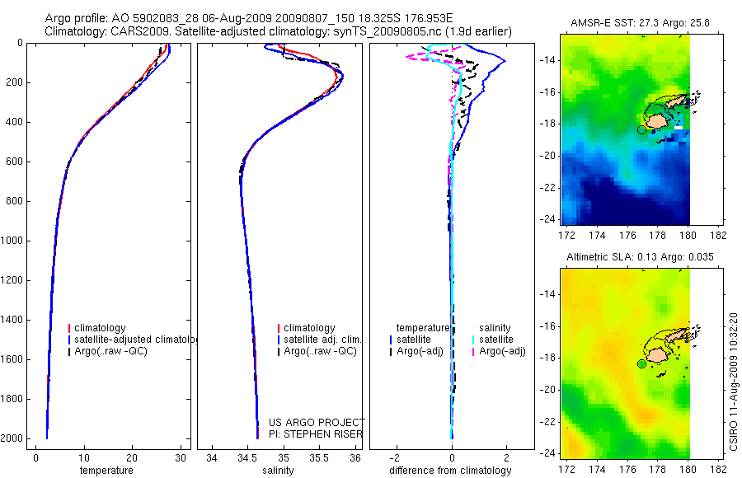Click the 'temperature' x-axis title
click(106, 471)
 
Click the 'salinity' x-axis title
click(277, 471)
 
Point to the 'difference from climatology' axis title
click(451, 471)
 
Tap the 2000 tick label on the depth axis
click(12, 438)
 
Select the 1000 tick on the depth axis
click(12, 241)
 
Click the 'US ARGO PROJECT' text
click(317, 423)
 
